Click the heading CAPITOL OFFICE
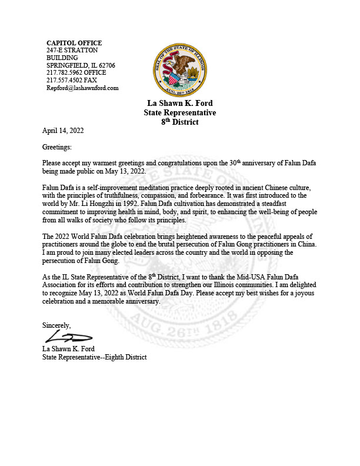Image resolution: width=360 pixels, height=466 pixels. coord(74,43)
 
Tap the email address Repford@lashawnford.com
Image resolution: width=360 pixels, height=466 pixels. coord(82,88)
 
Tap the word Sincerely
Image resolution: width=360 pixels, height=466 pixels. coord(56,325)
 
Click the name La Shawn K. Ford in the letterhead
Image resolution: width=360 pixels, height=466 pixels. coord(180,104)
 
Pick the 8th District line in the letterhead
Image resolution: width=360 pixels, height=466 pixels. coord(180,122)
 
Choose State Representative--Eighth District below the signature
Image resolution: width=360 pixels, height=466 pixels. coord(94,357)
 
